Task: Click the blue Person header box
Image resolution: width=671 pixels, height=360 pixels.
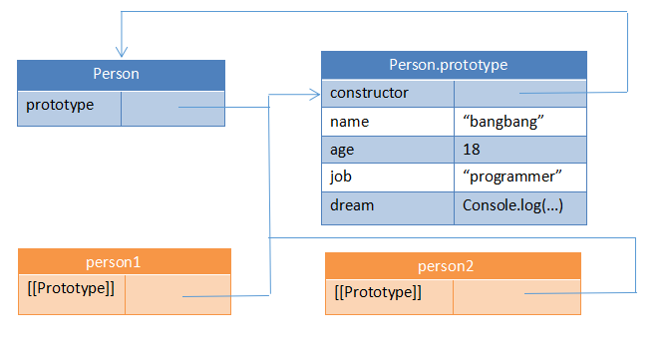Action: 121,74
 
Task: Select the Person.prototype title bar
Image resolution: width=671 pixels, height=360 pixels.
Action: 454,65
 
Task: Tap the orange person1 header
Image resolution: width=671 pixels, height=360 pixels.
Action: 125,261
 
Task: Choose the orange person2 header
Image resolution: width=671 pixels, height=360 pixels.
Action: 453,265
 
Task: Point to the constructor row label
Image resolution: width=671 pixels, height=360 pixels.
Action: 387,93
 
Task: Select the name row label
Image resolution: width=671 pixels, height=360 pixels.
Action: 387,121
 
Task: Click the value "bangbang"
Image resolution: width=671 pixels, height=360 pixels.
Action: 519,121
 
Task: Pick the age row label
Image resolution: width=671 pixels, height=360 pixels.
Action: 387,149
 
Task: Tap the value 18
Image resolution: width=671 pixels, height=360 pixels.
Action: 519,149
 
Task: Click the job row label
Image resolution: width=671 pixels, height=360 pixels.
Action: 387,177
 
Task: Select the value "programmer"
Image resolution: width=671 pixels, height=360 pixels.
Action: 519,177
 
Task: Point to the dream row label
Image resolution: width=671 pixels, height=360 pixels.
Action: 387,204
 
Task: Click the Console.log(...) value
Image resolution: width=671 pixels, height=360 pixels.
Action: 519,204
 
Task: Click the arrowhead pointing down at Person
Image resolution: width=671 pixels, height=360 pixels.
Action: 121,53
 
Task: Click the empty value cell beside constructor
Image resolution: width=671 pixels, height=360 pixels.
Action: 519,93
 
